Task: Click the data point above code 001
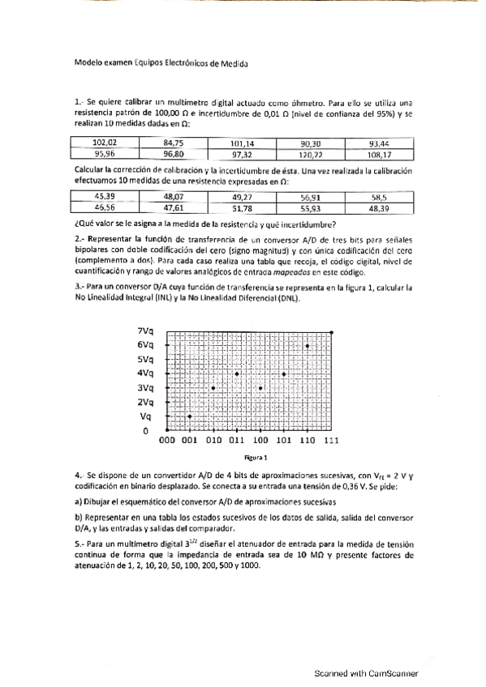190,416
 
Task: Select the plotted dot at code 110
308,346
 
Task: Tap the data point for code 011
237,373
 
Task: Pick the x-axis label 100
260,441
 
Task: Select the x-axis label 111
330,441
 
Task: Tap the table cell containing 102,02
105,143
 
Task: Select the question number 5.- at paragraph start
80,544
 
